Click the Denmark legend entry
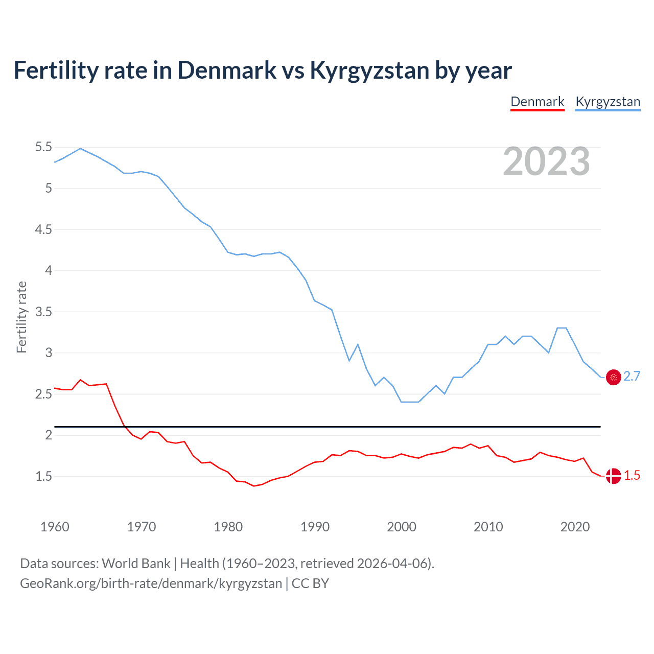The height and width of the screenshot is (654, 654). tap(538, 102)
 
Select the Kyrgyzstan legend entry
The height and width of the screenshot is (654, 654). tap(608, 102)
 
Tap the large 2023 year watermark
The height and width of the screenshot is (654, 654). tap(546, 161)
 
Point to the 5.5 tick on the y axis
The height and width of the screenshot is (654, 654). tap(43, 147)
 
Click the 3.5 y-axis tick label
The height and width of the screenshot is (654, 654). tap(43, 312)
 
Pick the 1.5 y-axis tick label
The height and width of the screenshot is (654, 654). tap(43, 476)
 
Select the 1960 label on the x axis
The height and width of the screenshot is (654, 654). tap(55, 527)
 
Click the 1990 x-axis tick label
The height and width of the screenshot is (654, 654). tap(315, 527)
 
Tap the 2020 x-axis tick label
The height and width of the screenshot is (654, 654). tap(575, 527)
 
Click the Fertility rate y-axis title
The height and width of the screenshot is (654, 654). tap(21, 317)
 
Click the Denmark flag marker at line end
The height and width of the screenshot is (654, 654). tap(613, 476)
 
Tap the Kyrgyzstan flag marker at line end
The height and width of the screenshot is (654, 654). tap(613, 377)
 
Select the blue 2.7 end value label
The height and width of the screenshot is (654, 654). tap(632, 377)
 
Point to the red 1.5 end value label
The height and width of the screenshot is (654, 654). tap(632, 476)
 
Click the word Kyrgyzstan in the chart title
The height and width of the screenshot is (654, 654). tap(369, 71)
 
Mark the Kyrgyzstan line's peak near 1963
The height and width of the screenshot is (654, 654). tap(80, 148)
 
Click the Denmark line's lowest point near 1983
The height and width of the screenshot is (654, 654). tap(253, 486)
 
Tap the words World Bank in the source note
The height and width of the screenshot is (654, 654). tap(136, 564)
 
